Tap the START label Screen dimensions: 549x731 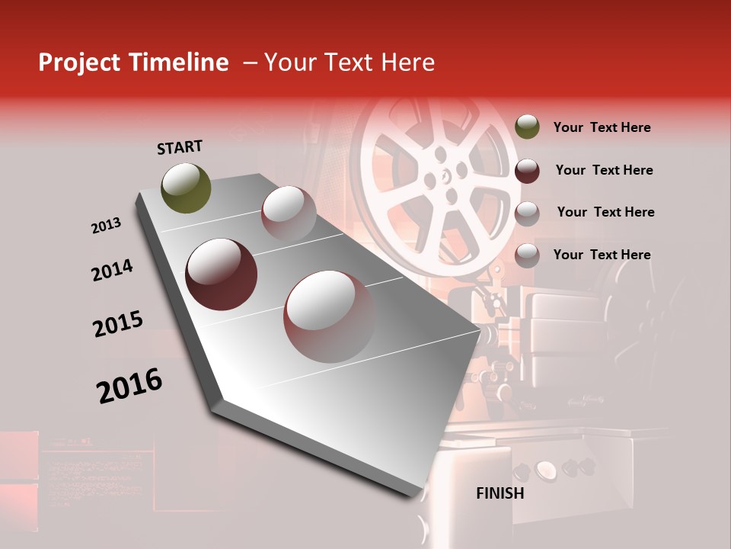pos(180,147)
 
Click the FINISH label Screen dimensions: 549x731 pos(500,493)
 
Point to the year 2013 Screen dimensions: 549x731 pos(106,226)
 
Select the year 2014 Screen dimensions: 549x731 pos(112,270)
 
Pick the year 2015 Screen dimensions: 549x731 pos(118,324)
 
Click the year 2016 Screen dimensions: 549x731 pos(129,386)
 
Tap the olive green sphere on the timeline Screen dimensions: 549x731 pos(186,188)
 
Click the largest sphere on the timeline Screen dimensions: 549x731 pos(329,316)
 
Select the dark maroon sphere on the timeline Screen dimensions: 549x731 pos(221,274)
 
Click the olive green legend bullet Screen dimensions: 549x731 pos(527,127)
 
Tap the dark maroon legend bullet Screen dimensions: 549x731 pos(527,171)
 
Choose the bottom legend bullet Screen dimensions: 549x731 pos(527,255)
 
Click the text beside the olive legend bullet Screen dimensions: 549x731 pos(602,127)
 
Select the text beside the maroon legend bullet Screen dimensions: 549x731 pos(604,170)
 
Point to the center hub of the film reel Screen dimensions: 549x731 pos(440,176)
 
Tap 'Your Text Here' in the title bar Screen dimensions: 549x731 pos(349,63)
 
